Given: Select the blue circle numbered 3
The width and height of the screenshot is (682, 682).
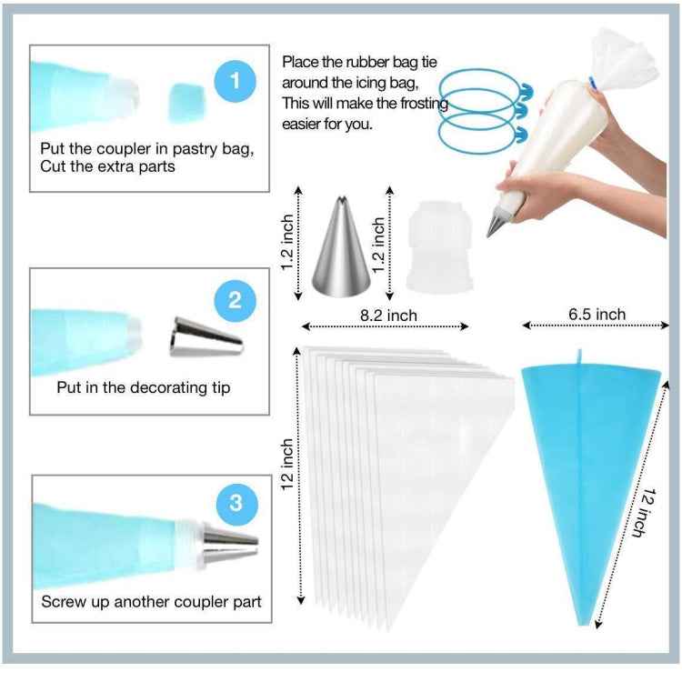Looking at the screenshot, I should click(x=236, y=502).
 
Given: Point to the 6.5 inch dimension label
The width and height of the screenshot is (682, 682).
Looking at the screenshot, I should click(x=597, y=315).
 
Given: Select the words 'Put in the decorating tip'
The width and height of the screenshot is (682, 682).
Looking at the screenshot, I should click(x=143, y=387).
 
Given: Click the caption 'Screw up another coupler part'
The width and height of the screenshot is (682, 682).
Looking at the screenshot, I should click(x=151, y=602).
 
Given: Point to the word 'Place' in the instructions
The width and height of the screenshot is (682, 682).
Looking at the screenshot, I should click(x=299, y=63).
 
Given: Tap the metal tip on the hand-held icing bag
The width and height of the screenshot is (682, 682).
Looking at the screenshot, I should click(x=496, y=222).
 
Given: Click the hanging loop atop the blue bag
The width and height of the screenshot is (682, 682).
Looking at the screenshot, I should click(x=577, y=356).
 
